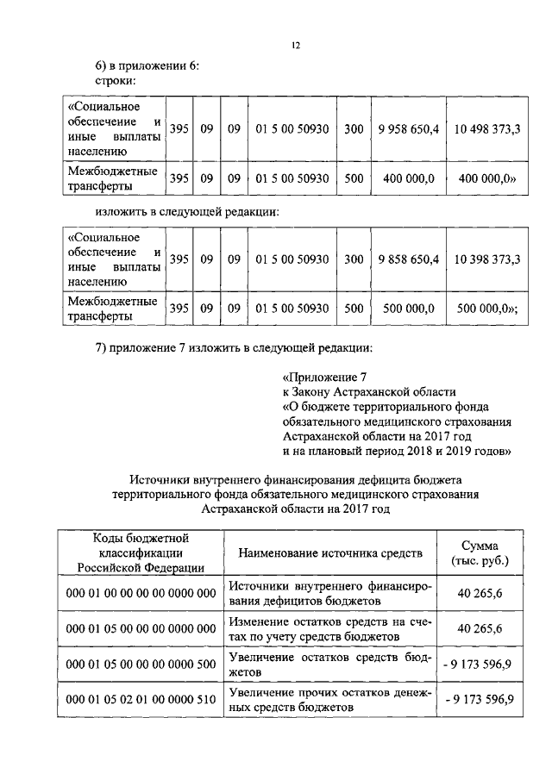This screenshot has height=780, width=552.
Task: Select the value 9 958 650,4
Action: point(409,129)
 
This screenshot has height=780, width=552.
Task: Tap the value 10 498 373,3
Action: point(483,129)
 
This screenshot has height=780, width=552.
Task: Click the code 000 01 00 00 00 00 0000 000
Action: point(141,594)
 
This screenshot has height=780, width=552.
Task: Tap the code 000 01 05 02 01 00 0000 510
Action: point(141,699)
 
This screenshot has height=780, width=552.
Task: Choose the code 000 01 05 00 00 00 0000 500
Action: point(141,664)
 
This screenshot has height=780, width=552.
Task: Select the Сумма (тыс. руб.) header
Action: point(480,552)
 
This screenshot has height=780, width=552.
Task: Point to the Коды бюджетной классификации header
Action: point(141,552)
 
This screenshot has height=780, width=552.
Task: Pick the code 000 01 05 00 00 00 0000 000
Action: point(141,628)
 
